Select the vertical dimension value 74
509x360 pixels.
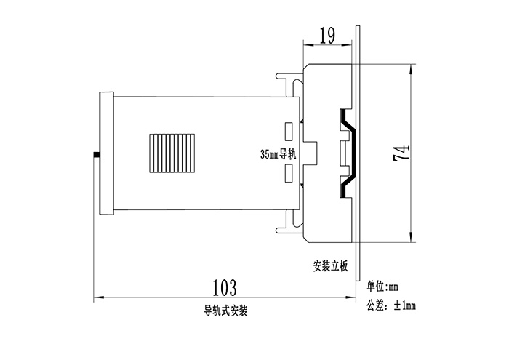tap(402, 152)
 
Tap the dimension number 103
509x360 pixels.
tap(225, 286)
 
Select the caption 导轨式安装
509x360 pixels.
tap(226, 311)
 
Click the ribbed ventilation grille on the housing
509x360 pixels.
tap(172, 153)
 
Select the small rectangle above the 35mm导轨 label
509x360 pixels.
tap(289, 133)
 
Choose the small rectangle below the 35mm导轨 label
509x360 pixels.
tap(289, 174)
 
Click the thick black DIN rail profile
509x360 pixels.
tap(348, 153)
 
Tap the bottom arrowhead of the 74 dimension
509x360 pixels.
tap(412, 236)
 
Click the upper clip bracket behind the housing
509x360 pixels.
tap(289, 79)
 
